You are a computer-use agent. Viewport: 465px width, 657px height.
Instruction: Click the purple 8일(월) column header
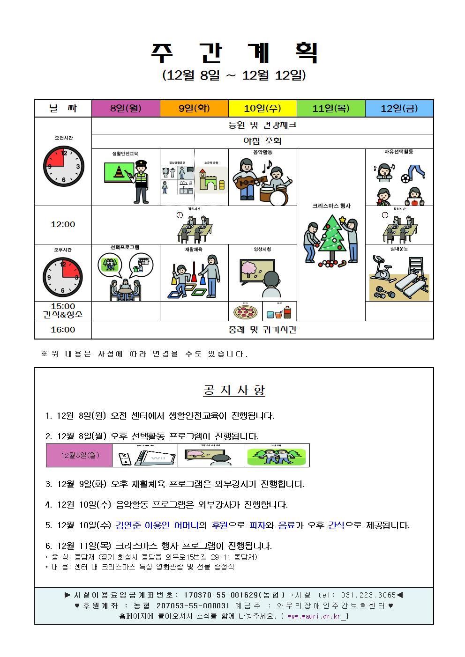(126, 109)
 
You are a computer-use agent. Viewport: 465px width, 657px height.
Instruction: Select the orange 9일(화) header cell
(194, 109)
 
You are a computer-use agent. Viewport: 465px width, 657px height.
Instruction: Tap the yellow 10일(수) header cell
(262, 109)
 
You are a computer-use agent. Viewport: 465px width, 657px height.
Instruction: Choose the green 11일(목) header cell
(331, 109)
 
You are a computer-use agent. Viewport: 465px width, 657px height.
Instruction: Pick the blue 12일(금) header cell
(399, 109)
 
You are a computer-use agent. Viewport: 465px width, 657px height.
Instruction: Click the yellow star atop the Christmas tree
(343, 219)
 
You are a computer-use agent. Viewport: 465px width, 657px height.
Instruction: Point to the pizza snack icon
(244, 312)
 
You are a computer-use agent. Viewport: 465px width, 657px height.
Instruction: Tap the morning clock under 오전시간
(63, 166)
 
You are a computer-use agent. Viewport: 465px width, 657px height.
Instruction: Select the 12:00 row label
(63, 225)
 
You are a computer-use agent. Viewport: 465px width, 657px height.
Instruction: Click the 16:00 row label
(63, 330)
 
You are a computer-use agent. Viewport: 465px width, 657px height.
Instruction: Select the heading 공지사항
(234, 390)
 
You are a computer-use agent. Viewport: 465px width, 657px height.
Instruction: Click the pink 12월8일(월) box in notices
(79, 455)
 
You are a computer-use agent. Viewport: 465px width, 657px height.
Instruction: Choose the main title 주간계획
(234, 53)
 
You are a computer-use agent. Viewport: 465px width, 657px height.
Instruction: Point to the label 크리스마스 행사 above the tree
(331, 206)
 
